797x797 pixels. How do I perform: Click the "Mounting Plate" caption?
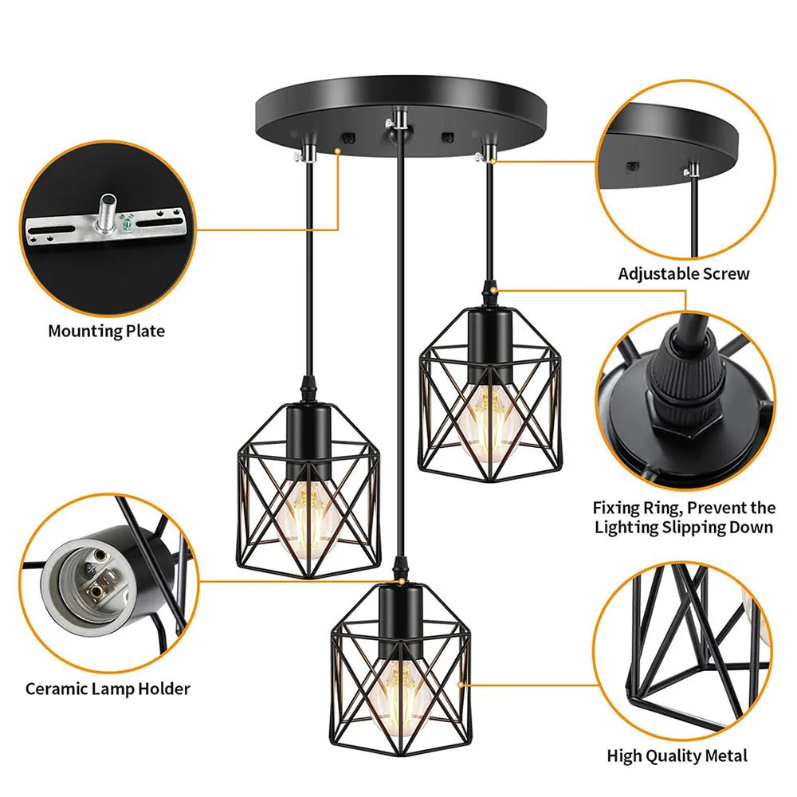point(106,332)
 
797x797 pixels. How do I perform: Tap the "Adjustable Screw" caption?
point(684,274)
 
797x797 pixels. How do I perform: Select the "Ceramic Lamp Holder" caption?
point(108,689)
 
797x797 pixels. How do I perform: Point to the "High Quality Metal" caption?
point(677,756)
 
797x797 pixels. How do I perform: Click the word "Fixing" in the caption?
point(615,508)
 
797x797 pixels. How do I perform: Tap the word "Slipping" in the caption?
point(693,528)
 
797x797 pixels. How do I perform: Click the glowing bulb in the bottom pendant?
point(401,698)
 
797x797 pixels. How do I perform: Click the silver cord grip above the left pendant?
point(307,153)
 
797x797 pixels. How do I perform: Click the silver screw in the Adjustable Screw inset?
point(693,169)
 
